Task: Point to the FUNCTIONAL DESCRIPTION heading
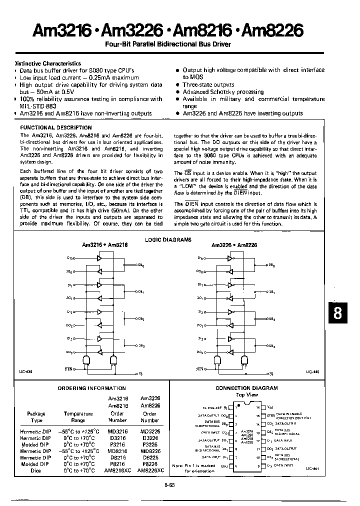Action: [x=56, y=128]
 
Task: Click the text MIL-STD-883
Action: [x=38, y=106]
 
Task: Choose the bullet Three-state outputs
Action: [x=208, y=85]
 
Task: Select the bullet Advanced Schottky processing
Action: [x=223, y=92]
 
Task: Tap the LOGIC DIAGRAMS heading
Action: [x=168, y=240]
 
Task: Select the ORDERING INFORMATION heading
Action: [x=92, y=388]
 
